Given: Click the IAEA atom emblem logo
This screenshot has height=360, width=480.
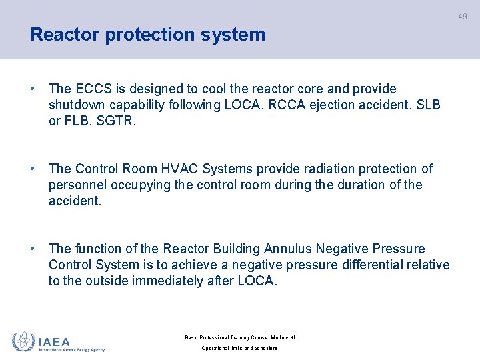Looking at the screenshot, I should (x=24, y=341).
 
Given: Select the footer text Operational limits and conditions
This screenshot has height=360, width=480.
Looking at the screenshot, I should (x=239, y=349).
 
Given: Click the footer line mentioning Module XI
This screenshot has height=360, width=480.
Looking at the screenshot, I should (x=239, y=337).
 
